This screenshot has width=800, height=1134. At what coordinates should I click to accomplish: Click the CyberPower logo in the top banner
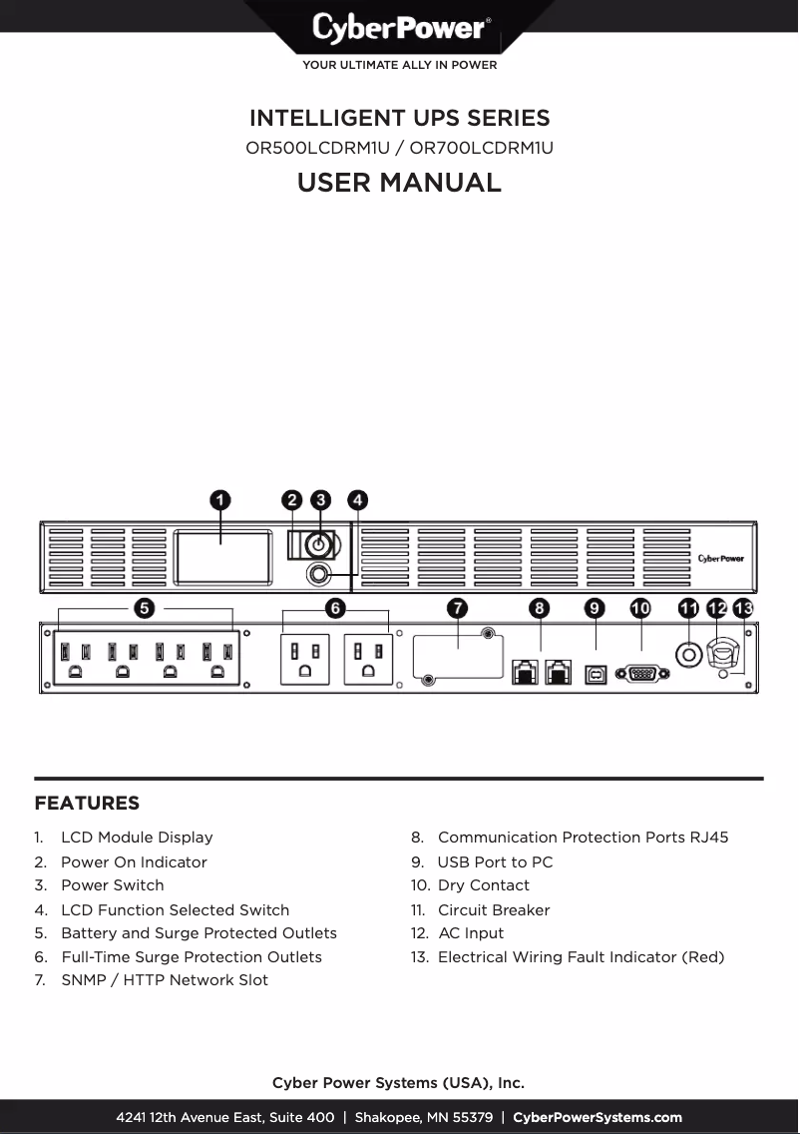pos(399,28)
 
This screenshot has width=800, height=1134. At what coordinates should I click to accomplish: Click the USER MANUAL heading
pos(399,183)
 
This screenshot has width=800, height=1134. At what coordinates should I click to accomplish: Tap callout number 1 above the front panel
pos(220,499)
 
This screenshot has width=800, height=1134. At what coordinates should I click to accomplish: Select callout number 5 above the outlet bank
pos(145,607)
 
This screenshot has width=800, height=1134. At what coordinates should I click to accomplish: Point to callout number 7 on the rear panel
pos(457,607)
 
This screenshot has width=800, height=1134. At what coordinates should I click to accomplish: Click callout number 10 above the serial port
pos(640,607)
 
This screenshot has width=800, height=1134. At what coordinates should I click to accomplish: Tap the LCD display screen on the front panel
pos(222,558)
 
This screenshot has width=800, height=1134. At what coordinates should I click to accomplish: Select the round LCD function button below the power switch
pos(319,574)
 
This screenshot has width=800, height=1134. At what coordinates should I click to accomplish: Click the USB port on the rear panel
pos(596,674)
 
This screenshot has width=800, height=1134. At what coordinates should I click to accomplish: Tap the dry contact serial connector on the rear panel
pos(640,675)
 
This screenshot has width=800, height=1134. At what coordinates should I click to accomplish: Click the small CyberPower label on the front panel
pos(720,558)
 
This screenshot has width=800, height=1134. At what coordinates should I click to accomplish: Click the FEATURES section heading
pos(87,804)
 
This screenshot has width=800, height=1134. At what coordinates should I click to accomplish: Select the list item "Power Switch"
pos(112,885)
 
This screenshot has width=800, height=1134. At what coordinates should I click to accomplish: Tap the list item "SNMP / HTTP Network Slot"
pos(165,980)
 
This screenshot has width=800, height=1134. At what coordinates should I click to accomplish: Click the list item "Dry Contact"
pos(484,885)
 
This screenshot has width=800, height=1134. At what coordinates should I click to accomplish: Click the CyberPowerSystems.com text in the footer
pos(598,1118)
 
